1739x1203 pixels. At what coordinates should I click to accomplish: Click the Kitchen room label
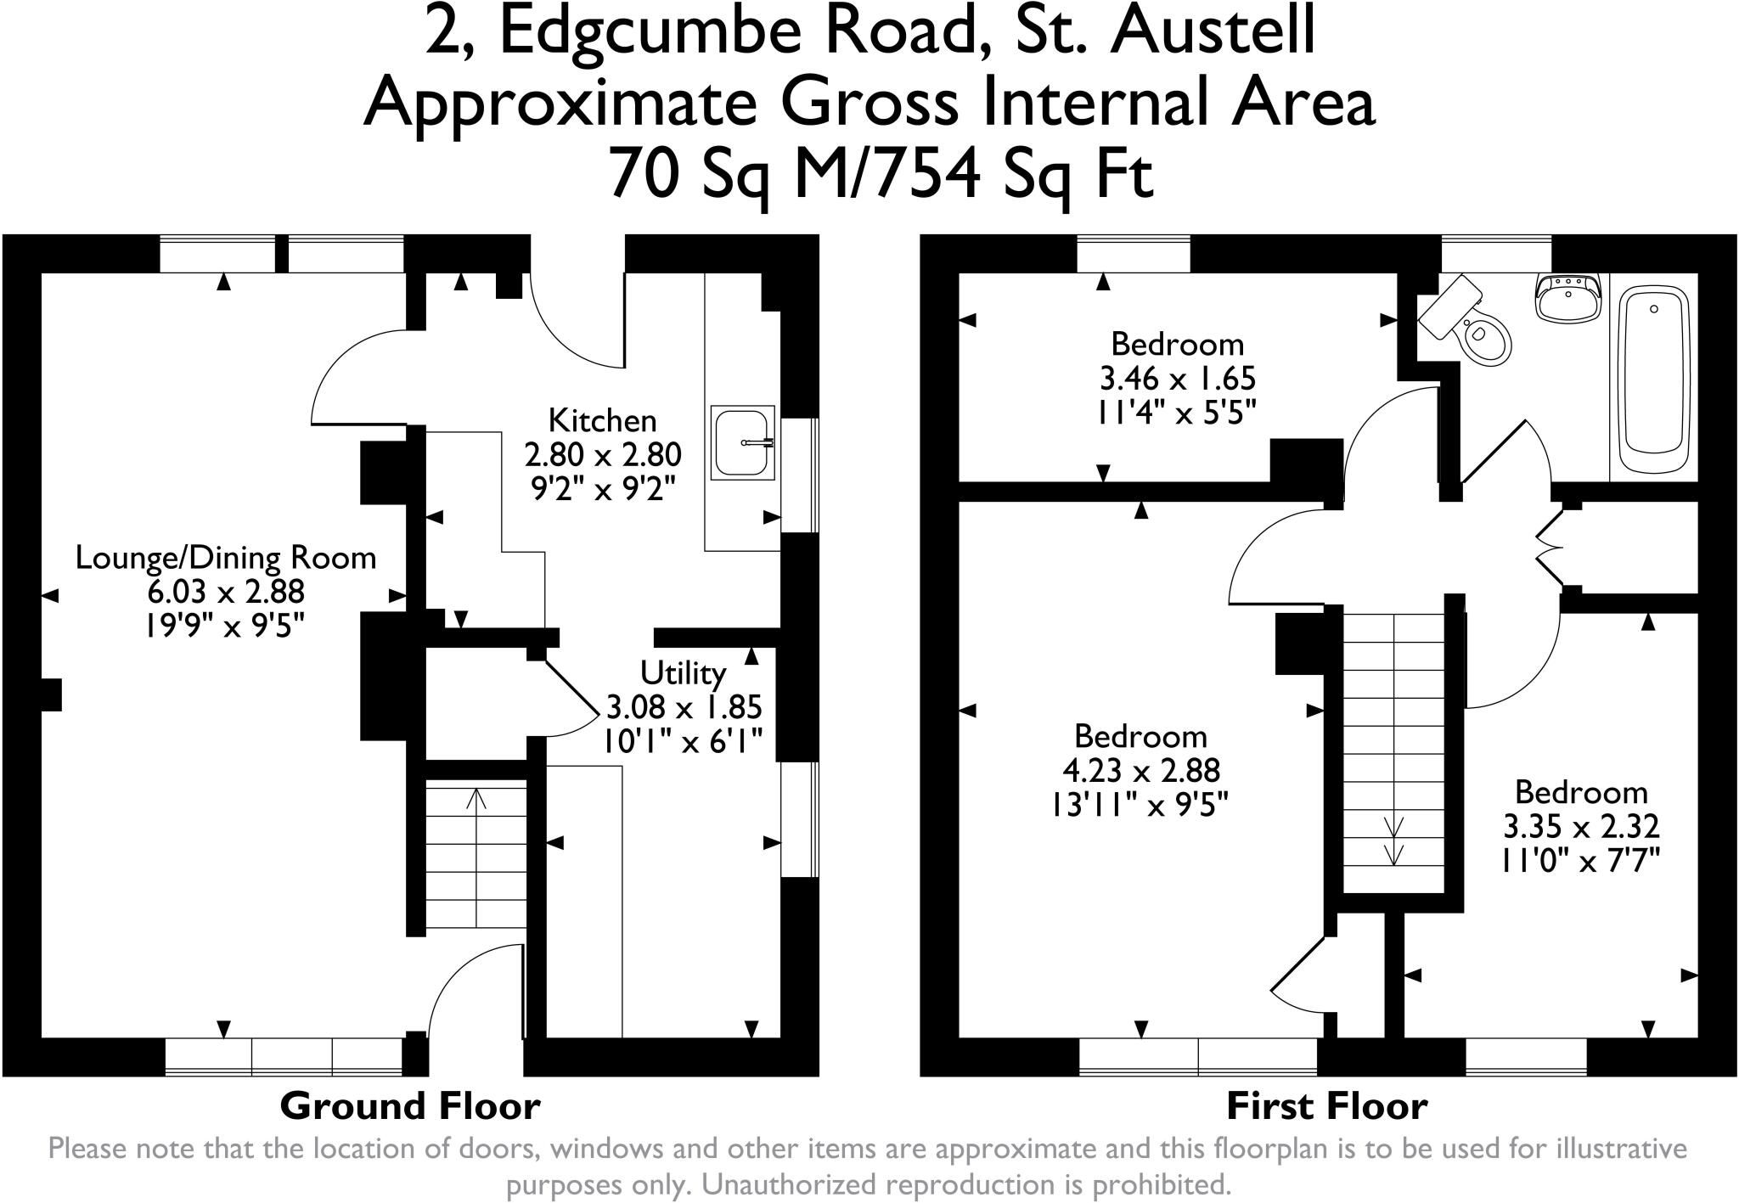(603, 420)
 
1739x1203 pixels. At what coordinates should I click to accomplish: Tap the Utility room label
(684, 673)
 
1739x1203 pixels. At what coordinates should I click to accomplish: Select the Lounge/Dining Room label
(226, 558)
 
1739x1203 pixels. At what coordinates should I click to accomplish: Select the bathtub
(1654, 379)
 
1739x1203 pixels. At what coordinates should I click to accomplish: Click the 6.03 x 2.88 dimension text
(226, 592)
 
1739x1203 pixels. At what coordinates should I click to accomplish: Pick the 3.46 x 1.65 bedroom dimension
(1178, 378)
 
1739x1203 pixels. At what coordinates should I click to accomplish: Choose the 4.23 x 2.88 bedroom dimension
(1141, 770)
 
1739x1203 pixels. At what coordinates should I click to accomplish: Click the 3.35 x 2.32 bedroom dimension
(1581, 826)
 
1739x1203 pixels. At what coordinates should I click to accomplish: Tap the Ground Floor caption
(410, 1106)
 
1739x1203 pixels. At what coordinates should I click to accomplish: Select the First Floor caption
(1326, 1106)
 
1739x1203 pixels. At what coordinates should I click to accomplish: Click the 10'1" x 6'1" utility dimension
(684, 740)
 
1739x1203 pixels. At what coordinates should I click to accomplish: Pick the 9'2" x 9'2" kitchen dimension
(603, 489)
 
